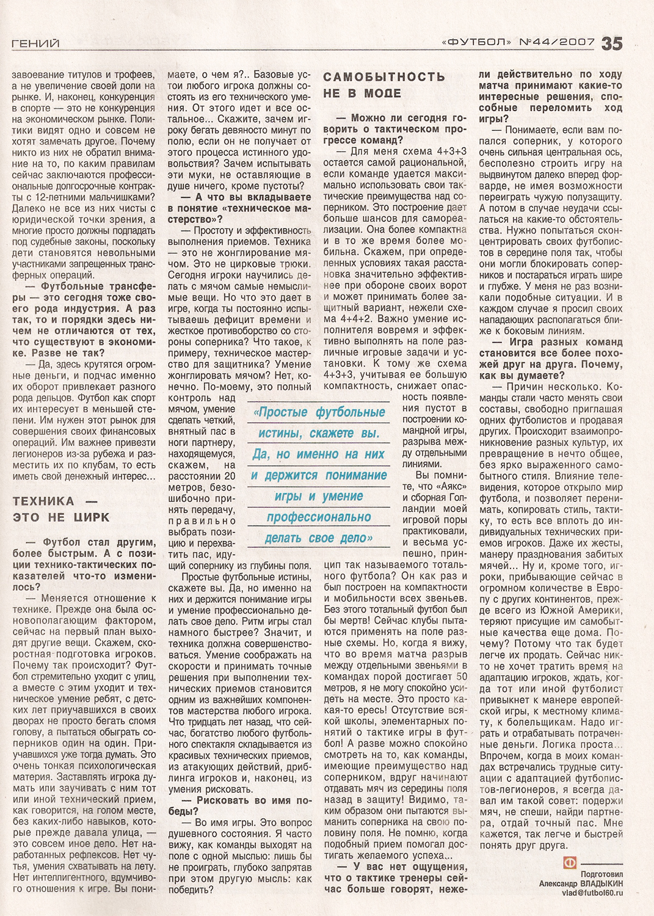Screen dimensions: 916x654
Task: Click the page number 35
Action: pos(612,43)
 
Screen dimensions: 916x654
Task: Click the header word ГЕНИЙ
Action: pos(35,43)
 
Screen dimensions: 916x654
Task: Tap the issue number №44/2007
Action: pos(556,42)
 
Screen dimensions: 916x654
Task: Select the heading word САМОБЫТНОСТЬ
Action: pos(384,77)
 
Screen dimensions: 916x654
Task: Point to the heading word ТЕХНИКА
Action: pos(43,501)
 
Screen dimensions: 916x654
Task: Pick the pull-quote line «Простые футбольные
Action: pos(319,412)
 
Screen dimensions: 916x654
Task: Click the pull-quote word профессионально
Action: pos(319,517)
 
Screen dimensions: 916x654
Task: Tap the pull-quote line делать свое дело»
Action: pos(319,538)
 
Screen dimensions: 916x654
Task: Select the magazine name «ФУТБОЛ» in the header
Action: pos(476,42)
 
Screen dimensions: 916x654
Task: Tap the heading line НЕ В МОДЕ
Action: pos(362,93)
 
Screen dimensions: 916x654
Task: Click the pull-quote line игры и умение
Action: pos(319,496)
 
